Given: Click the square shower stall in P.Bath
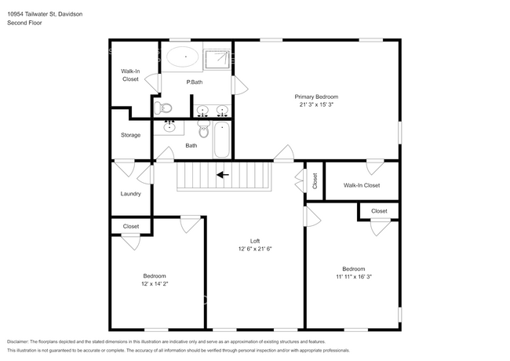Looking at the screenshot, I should (x=218, y=58).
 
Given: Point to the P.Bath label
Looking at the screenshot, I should (x=194, y=82).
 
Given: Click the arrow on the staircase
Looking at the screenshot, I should (x=223, y=175).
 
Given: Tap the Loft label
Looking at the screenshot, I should (x=255, y=241).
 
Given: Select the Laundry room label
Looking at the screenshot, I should (x=130, y=194).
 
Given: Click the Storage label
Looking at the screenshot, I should (x=130, y=135).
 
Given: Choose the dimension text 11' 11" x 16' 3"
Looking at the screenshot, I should (x=348, y=276).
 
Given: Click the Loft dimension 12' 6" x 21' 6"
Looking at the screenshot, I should (x=255, y=249).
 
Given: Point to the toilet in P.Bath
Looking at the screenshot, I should (x=162, y=108).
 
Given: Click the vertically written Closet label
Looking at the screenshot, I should (x=315, y=181).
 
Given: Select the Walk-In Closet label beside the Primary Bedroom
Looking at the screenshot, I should (x=362, y=185).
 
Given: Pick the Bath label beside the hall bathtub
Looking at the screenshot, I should (x=191, y=145).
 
